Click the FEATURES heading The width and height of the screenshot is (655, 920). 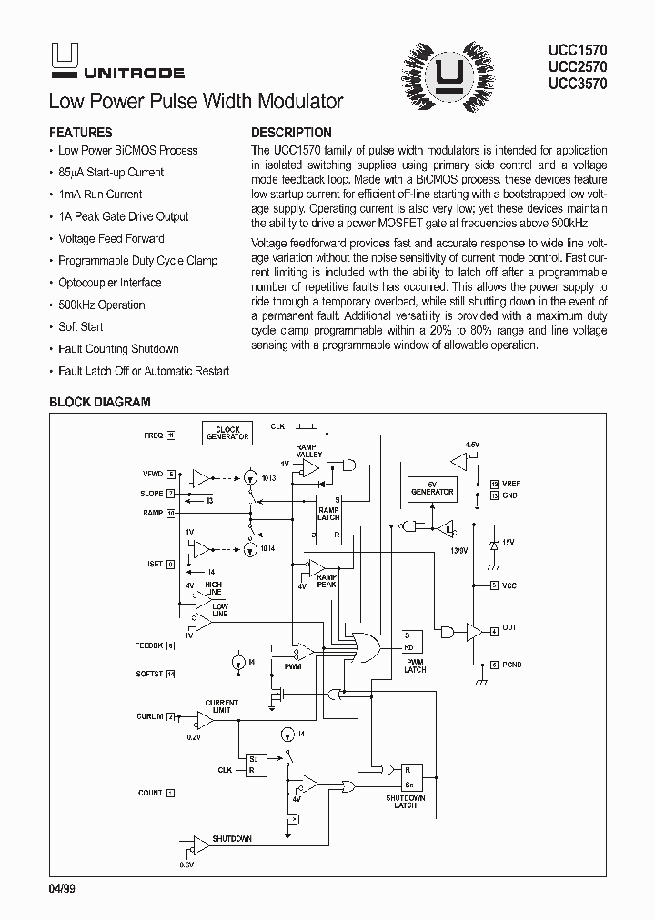80,132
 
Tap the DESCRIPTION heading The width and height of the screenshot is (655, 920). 291,132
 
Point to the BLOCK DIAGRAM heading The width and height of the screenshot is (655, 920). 99,401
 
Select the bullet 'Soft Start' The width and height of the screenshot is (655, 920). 80,326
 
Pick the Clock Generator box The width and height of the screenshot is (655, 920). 227,434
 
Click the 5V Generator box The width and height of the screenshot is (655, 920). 432,487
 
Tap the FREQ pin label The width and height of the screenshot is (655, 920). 153,435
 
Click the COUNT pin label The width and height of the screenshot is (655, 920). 150,793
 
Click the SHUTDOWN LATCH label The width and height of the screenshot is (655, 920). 406,801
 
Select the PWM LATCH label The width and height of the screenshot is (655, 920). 415,665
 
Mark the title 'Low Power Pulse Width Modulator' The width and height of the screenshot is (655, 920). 196,101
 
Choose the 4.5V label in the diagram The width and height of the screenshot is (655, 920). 471,445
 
